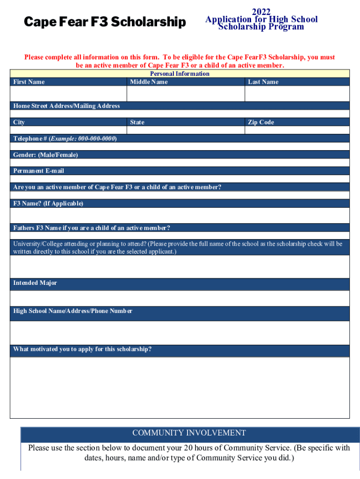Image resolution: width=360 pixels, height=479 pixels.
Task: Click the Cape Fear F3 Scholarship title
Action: [105, 22]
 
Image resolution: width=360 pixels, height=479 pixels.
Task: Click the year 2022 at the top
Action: [261, 12]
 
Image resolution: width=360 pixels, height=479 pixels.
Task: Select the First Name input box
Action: [68, 94]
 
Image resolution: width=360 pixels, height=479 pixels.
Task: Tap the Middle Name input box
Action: [186, 94]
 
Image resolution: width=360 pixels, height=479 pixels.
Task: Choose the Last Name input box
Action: [297, 94]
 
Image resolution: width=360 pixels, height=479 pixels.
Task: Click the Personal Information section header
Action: [180, 73]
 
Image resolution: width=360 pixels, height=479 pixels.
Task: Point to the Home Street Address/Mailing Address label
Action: [66, 106]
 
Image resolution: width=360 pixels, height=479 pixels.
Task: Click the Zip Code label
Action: [261, 123]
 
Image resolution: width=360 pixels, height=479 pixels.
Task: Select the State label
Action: [137, 123]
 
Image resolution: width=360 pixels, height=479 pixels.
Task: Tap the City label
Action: [19, 123]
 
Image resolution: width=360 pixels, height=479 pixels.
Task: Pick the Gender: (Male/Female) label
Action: [45, 155]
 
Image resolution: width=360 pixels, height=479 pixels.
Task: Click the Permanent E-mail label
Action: [38, 171]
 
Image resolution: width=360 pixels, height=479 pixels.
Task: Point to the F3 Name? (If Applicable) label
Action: [48, 203]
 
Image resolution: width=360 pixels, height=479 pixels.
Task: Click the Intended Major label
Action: [35, 283]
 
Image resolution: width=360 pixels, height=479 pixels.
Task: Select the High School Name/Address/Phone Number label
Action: [72, 311]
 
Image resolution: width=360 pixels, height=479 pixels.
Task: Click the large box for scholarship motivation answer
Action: [180, 387]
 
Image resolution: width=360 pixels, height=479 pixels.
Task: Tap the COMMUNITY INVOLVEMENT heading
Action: [189, 433]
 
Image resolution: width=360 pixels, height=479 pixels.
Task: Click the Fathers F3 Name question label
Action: [92, 228]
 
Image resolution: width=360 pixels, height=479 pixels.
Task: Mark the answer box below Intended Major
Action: [180, 298]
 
